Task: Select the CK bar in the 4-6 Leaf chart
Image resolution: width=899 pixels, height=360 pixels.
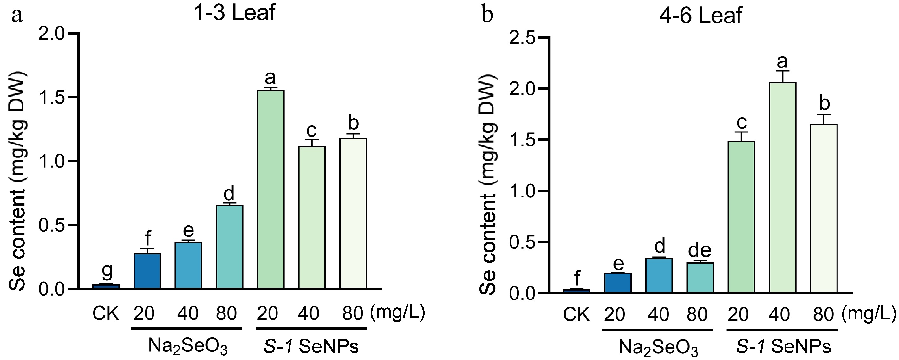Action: [x=577, y=291]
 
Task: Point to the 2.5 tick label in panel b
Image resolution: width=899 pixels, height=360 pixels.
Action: [x=522, y=38]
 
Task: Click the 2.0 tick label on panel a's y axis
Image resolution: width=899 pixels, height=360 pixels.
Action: [x=52, y=34]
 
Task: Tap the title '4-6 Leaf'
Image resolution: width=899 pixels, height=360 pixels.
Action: [x=700, y=16]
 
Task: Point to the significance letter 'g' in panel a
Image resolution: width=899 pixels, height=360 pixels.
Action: [x=107, y=270]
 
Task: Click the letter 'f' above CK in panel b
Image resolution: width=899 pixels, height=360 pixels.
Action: [x=577, y=278]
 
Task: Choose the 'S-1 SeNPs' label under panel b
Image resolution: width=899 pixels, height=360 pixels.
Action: [x=784, y=347]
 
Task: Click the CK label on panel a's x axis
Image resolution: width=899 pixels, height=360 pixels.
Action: [x=106, y=313]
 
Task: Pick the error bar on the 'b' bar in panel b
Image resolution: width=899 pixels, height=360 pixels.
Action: [x=824, y=119]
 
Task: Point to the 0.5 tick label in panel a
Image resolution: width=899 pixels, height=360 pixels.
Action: [x=52, y=225]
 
